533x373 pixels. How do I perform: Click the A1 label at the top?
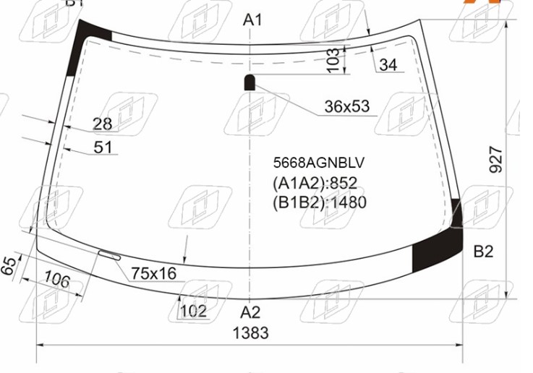[x=252, y=20]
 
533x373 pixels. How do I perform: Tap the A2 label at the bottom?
[x=250, y=312]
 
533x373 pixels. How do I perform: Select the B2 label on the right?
[x=483, y=252]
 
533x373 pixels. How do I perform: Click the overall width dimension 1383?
[x=250, y=333]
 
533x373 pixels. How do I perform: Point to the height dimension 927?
[x=495, y=160]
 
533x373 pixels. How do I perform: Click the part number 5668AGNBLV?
[x=318, y=163]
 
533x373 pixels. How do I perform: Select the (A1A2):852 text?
[x=315, y=183]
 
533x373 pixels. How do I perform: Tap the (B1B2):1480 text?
[x=320, y=202]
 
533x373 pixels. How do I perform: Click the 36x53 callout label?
[x=346, y=107]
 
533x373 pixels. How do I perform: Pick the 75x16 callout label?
[x=154, y=273]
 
